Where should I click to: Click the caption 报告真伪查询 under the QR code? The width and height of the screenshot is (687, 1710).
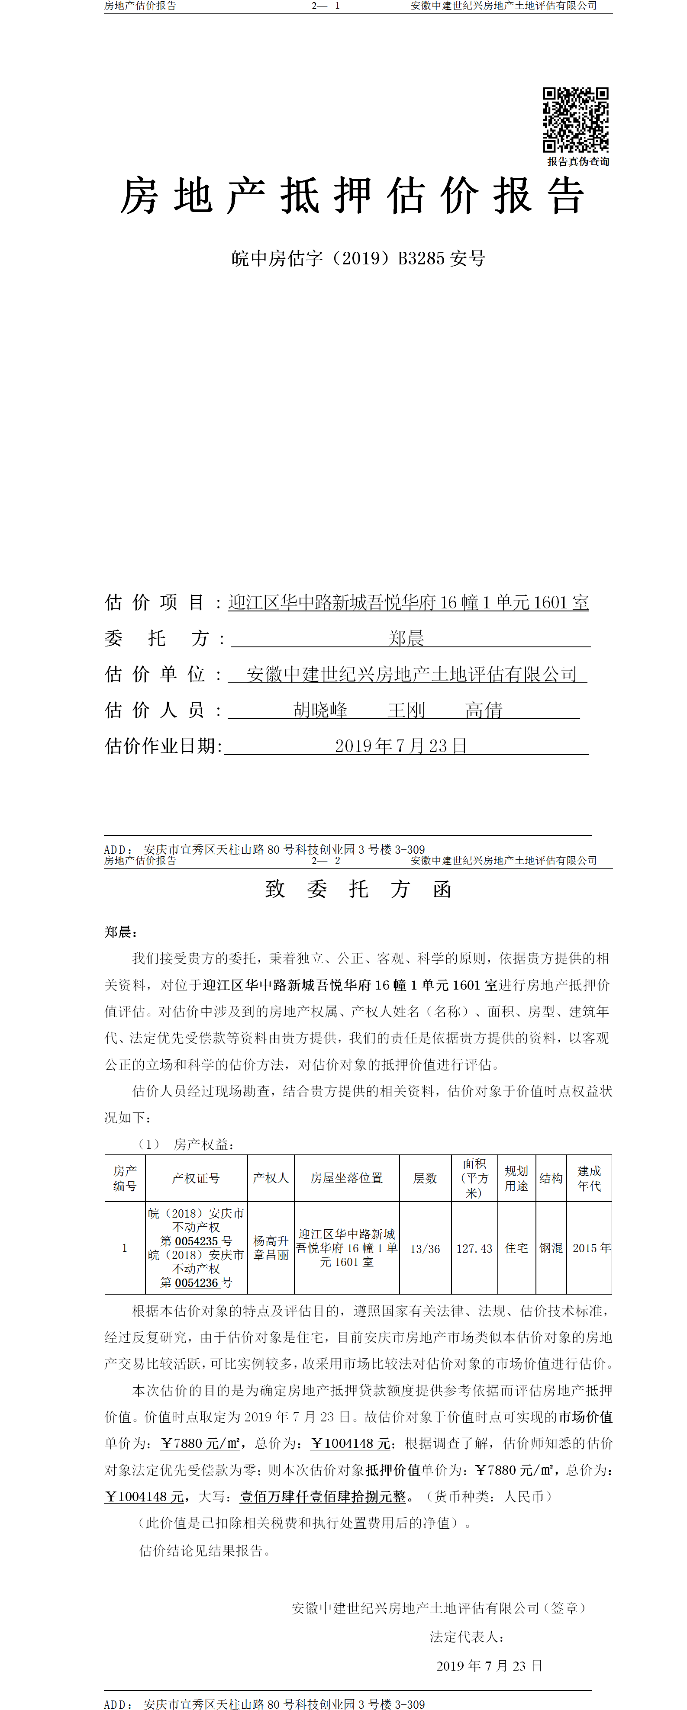(x=578, y=162)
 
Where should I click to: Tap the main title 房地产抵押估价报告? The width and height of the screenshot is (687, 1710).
(x=352, y=196)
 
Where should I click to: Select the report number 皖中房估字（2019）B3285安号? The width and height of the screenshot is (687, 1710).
(x=358, y=258)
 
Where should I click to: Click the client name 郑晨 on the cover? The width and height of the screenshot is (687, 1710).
(x=406, y=639)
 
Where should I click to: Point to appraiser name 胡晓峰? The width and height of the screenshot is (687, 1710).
(x=320, y=710)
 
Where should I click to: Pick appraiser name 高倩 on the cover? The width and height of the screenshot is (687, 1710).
(x=484, y=710)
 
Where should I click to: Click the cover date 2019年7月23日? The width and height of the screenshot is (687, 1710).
(x=400, y=746)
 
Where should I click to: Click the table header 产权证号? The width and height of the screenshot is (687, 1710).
(x=196, y=1178)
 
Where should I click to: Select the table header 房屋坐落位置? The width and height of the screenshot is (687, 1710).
(x=347, y=1178)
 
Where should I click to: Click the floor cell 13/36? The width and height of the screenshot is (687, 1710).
(x=425, y=1249)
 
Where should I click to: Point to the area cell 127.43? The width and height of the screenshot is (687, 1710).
(x=474, y=1249)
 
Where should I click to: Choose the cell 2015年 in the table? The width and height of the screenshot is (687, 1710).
(x=591, y=1248)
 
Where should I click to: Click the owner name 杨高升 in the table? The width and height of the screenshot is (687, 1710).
(x=271, y=1241)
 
